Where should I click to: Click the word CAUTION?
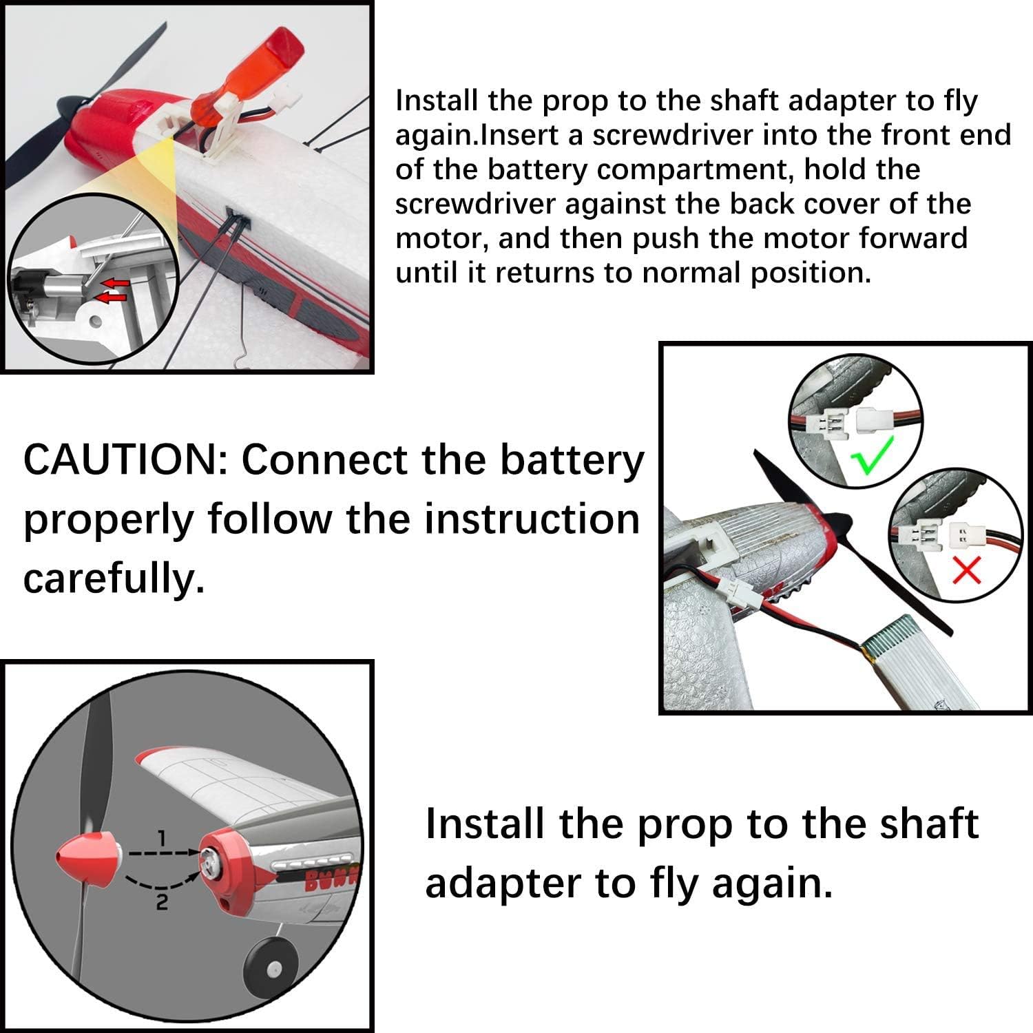[x=120, y=460]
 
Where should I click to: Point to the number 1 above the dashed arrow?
[x=161, y=838]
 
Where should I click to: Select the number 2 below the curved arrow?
[x=160, y=901]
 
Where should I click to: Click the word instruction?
[x=532, y=519]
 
